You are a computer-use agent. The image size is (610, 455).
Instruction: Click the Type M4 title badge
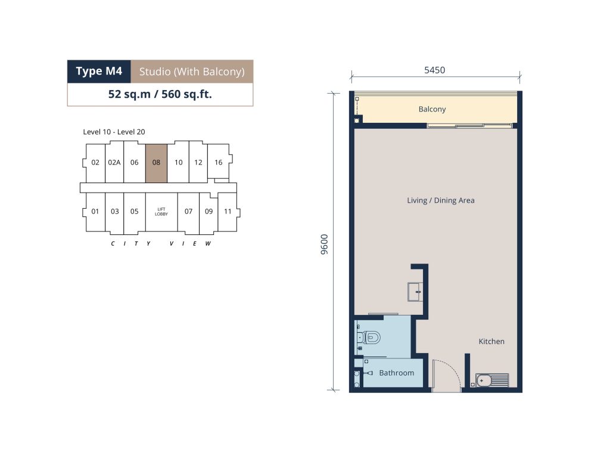tap(99, 72)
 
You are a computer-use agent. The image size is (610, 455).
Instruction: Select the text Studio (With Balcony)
tap(192, 72)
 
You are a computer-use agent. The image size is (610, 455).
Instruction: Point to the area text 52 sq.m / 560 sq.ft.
tap(160, 94)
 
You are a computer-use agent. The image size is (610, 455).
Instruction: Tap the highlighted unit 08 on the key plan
tap(156, 162)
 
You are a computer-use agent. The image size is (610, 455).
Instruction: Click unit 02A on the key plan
tap(114, 162)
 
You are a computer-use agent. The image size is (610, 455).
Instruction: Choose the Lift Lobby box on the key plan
tap(161, 211)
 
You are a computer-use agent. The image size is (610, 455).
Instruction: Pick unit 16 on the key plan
tap(218, 162)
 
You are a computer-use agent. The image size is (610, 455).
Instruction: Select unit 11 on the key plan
tap(228, 211)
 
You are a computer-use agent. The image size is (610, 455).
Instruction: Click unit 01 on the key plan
tap(95, 211)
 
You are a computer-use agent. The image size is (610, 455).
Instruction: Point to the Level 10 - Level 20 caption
tap(114, 132)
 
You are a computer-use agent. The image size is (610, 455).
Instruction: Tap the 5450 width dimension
tap(435, 70)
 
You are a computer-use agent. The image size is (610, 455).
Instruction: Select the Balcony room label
tap(432, 109)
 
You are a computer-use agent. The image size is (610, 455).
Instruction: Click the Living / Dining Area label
tap(441, 200)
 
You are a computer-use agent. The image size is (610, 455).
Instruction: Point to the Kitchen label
tap(491, 342)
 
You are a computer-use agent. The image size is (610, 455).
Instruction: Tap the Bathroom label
tap(396, 373)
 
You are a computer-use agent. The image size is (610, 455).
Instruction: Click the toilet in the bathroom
tap(372, 338)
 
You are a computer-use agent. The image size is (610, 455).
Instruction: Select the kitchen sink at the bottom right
tap(492, 380)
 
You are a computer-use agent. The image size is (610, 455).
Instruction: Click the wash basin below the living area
tap(415, 292)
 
